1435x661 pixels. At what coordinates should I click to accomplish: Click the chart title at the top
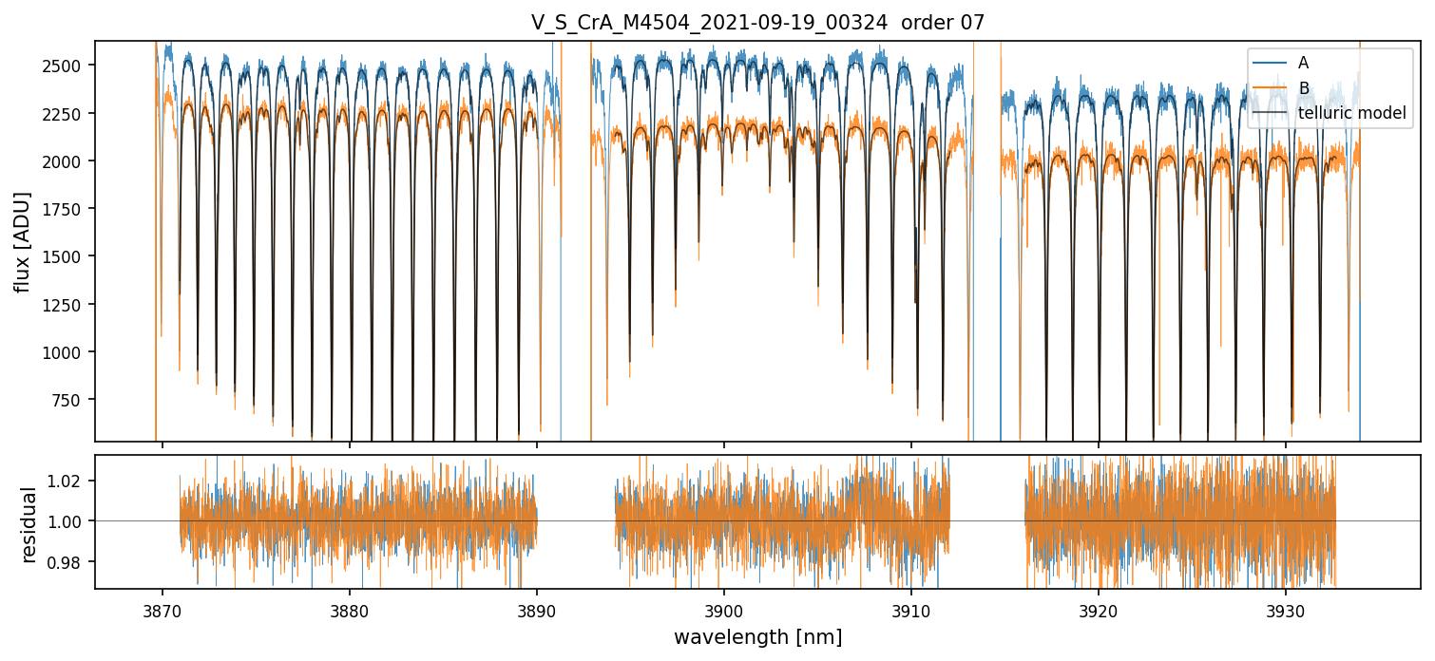757,24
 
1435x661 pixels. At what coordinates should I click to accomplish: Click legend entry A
1304,63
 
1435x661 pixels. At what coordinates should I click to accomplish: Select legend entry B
1304,88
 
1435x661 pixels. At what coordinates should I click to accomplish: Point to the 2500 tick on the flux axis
67,66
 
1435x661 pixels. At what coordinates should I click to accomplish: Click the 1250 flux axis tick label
67,305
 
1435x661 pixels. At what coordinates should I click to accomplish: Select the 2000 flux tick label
67,161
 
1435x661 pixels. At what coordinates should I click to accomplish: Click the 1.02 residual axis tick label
71,481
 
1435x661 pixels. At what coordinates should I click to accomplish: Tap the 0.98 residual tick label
71,562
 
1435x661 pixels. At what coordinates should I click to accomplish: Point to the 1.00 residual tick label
71,521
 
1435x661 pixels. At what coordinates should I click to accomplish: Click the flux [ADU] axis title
22,241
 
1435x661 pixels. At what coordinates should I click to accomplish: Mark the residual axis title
29,524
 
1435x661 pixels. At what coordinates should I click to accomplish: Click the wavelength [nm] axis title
757,637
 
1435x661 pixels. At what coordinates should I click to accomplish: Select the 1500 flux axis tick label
67,256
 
